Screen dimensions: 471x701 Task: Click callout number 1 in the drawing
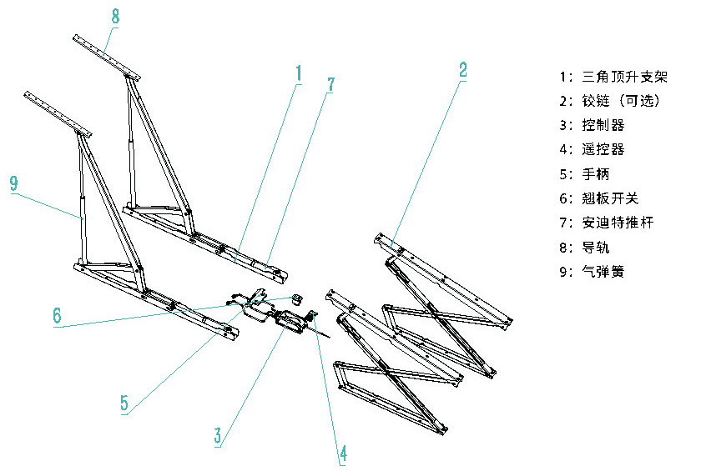(x=298, y=73)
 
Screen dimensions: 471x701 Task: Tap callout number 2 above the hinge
(x=463, y=69)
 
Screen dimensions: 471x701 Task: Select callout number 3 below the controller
(x=217, y=435)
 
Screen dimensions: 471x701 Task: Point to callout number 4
(x=342, y=453)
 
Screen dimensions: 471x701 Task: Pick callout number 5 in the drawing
(x=124, y=403)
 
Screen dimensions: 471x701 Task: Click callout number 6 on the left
(x=57, y=315)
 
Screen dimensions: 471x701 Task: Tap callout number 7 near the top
(x=330, y=84)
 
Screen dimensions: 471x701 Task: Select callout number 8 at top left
(x=115, y=16)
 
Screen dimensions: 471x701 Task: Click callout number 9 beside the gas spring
(x=13, y=184)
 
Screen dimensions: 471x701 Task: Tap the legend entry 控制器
(x=603, y=126)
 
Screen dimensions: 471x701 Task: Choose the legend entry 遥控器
(x=603, y=150)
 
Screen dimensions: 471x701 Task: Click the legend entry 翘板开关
(x=610, y=198)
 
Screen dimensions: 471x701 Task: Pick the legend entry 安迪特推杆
(x=618, y=223)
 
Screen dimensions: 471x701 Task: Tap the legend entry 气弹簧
(x=603, y=272)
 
